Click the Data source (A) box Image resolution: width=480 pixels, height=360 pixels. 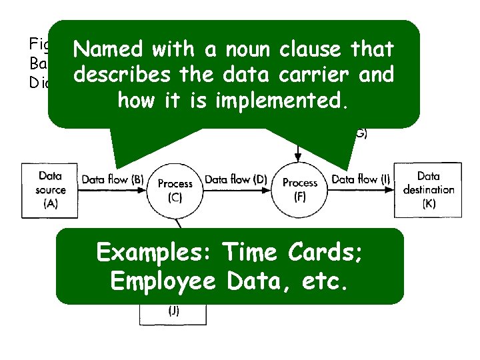pos(50,189)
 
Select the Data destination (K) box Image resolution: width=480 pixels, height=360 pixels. pos(428,189)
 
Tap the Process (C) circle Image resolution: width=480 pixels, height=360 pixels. pos(175,190)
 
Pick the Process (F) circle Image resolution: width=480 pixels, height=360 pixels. pos(300,189)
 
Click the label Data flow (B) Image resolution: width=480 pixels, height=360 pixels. pos(113,179)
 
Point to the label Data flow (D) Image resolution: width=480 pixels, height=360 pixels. pos(236,179)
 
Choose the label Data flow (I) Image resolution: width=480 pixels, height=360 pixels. pos(361,179)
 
